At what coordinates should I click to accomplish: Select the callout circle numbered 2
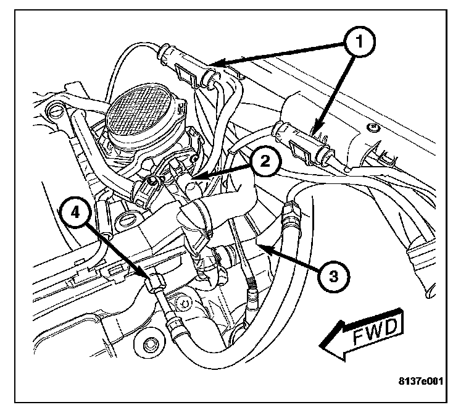click(264, 162)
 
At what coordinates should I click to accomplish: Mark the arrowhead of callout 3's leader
click(256, 243)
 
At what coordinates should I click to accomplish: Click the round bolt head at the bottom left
click(149, 342)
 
